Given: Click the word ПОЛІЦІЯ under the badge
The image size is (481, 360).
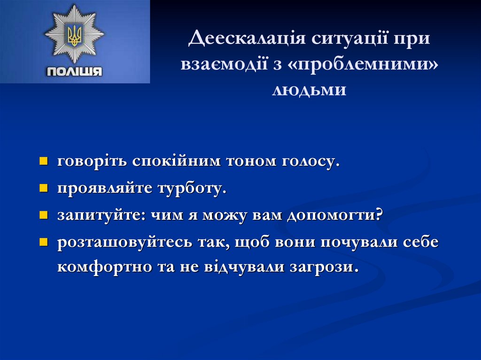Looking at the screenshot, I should (x=75, y=72).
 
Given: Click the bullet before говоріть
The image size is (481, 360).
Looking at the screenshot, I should (x=43, y=162).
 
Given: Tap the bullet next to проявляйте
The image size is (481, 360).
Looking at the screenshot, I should (x=43, y=189).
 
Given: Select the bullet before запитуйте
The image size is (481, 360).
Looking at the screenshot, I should (x=43, y=216).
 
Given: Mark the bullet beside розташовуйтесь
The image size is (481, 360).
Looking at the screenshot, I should (x=43, y=243).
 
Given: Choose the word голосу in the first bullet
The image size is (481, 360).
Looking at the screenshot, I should (x=310, y=161).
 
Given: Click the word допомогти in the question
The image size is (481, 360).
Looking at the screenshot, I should (x=334, y=216).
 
